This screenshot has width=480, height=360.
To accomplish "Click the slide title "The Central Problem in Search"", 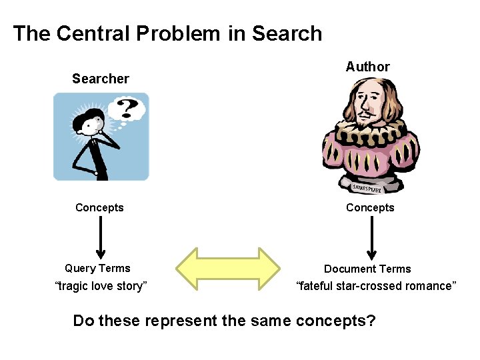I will pyautogui.click(x=167, y=33).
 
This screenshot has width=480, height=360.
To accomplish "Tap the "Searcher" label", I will pyautogui.click(x=100, y=79).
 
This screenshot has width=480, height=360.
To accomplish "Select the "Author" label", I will pyautogui.click(x=367, y=67).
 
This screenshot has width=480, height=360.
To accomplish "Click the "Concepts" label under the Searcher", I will pyautogui.click(x=99, y=207).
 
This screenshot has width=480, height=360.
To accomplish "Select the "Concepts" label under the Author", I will pyautogui.click(x=370, y=207).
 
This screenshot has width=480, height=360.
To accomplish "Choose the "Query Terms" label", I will pyautogui.click(x=97, y=269).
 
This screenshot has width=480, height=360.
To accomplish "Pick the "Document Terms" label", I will pyautogui.click(x=367, y=269).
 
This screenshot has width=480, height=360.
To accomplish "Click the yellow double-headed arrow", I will pyautogui.click(x=228, y=269).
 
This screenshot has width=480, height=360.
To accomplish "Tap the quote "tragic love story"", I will pyautogui.click(x=100, y=286).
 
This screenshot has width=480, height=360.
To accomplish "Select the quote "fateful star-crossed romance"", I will pyautogui.click(x=376, y=286).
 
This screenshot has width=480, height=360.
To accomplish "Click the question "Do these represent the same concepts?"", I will pyautogui.click(x=224, y=321).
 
